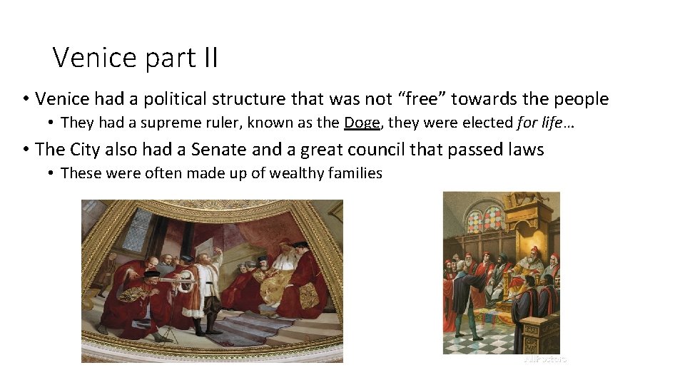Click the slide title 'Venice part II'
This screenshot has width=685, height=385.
pos(135,57)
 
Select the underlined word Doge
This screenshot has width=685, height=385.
pos(362,123)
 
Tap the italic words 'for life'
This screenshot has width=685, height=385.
pos(539,123)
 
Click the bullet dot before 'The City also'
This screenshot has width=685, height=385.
pos(25,149)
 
